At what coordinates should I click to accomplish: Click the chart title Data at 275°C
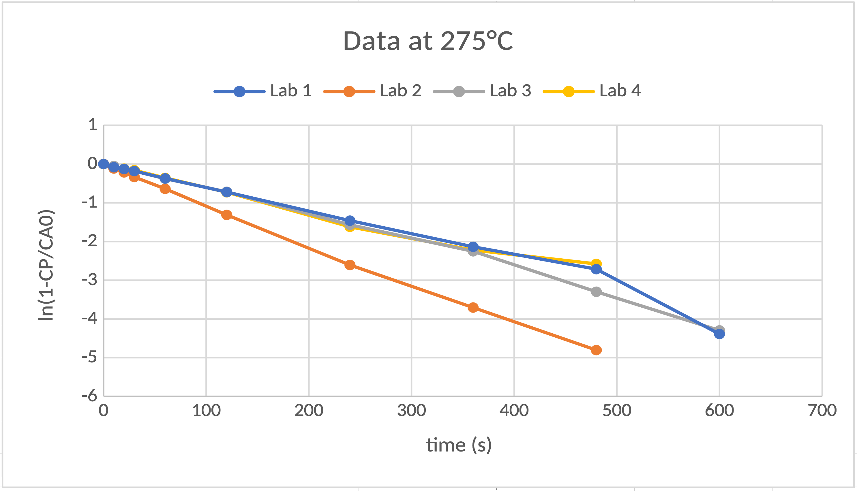pos(428,41)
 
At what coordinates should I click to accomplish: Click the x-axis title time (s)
pos(459,445)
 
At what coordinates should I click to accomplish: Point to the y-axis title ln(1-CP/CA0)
pos(46,265)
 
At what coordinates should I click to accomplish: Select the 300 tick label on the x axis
pos(411,410)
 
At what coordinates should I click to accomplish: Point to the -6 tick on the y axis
pos(89,396)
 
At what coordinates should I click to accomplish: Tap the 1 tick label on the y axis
pos(93,125)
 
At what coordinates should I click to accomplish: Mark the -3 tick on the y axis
pos(89,280)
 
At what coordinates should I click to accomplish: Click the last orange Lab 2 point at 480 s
pos(596,350)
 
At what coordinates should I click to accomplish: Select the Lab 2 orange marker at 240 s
pos(350,265)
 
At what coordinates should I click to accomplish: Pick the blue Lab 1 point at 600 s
pos(719,334)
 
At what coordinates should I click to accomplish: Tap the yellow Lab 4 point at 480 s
pos(596,263)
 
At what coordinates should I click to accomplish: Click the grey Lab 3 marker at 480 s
pos(596,291)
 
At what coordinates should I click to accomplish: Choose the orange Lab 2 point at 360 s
pos(473,307)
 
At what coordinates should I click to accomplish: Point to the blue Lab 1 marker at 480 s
pos(596,269)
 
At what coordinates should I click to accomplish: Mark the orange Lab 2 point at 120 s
pos(227,215)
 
